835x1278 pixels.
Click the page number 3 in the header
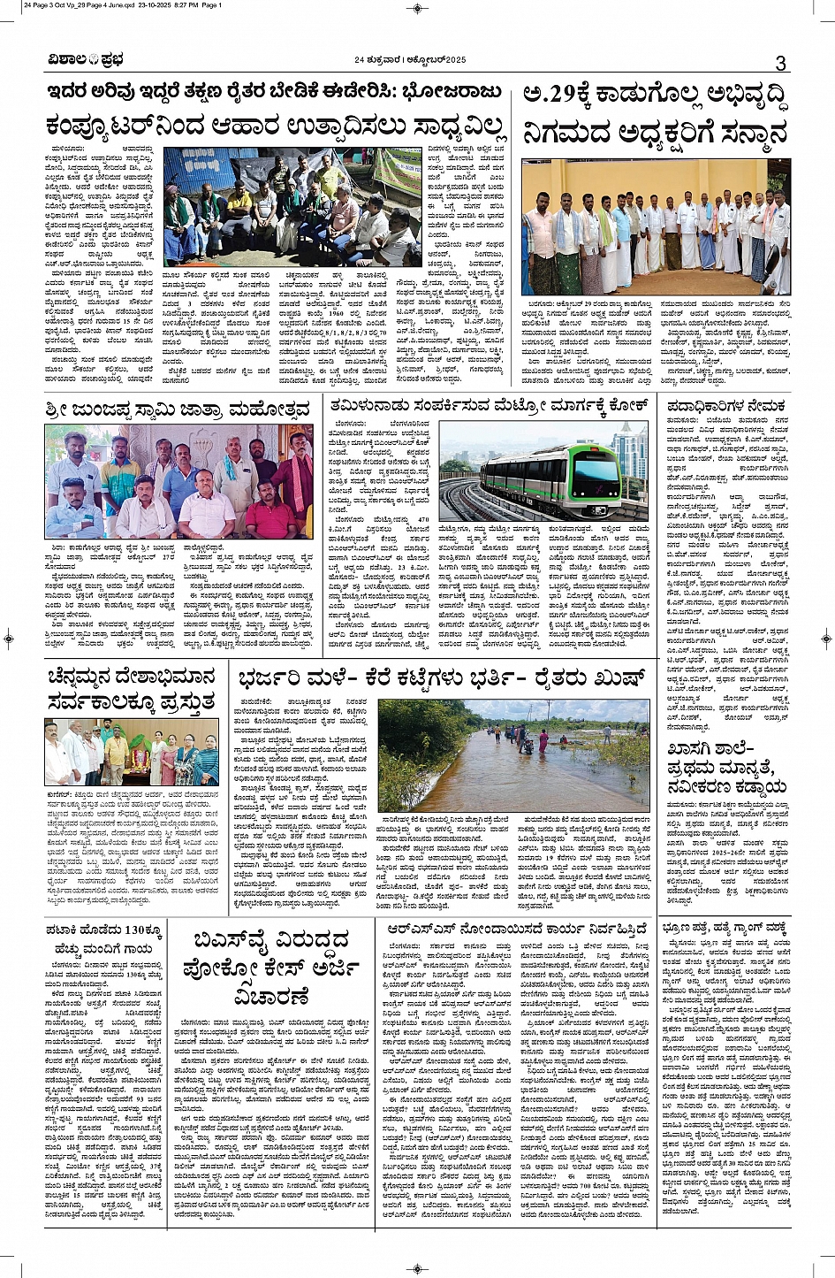(780, 62)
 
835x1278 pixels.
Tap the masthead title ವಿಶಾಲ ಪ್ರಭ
(86, 60)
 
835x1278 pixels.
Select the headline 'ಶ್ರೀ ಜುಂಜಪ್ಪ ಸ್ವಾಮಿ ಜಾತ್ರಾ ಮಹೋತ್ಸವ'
(178, 409)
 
